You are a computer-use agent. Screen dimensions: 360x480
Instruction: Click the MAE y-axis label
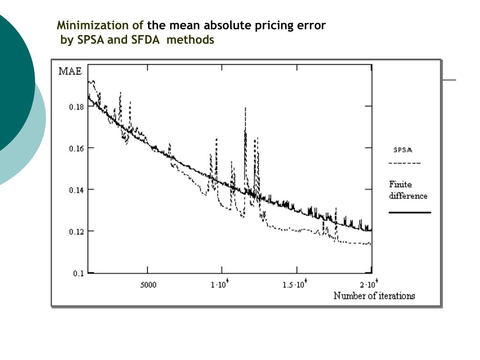pyautogui.click(x=70, y=71)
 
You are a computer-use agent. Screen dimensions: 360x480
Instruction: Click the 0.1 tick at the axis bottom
pyautogui.click(x=78, y=273)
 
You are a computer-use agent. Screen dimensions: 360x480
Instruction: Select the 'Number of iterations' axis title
pyautogui.click(x=374, y=296)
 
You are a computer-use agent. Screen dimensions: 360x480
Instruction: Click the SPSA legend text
pyautogui.click(x=402, y=150)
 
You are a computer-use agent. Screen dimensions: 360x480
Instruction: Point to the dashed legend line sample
pyautogui.click(x=405, y=163)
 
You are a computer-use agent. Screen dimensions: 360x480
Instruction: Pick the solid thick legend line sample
pyautogui.click(x=410, y=213)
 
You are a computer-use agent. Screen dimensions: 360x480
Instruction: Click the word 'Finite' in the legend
pyautogui.click(x=400, y=184)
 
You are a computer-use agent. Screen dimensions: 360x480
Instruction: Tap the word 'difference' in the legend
pyautogui.click(x=408, y=195)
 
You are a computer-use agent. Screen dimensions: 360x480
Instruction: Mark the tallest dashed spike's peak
pyautogui.click(x=245, y=108)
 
